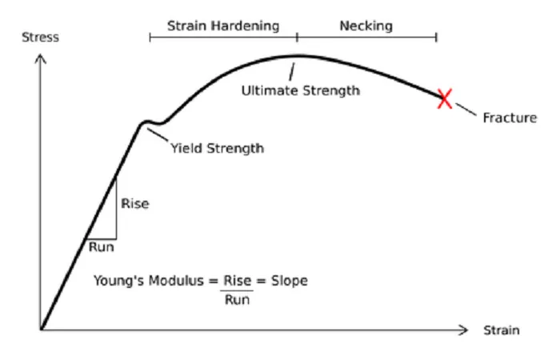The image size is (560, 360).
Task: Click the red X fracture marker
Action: click(x=445, y=98)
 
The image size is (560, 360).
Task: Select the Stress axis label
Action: click(x=40, y=37)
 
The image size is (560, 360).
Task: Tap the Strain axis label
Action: click(x=502, y=330)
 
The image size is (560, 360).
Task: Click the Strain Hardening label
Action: click(x=223, y=26)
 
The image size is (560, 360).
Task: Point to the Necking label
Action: click(x=366, y=26)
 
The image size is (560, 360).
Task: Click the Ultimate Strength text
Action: click(x=301, y=90)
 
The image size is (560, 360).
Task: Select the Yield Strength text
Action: click(x=217, y=148)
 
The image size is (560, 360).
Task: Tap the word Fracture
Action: click(x=510, y=118)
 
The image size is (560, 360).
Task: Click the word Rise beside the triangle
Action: click(x=135, y=203)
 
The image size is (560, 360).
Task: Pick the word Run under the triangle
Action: click(x=102, y=246)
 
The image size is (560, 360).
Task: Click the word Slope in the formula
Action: click(x=290, y=281)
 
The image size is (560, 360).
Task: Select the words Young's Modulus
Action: click(x=149, y=281)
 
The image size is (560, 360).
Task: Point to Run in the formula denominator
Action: click(x=237, y=300)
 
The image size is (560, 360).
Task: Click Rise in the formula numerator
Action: click(x=238, y=281)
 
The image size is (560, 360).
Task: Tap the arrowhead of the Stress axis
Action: click(x=40, y=58)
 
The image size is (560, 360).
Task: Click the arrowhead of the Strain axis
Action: click(x=463, y=330)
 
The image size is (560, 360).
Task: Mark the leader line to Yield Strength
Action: click(x=158, y=134)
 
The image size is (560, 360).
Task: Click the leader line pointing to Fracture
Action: click(x=466, y=110)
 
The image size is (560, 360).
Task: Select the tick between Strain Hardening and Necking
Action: click(x=297, y=37)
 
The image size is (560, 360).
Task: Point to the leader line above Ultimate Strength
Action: click(x=292, y=72)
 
